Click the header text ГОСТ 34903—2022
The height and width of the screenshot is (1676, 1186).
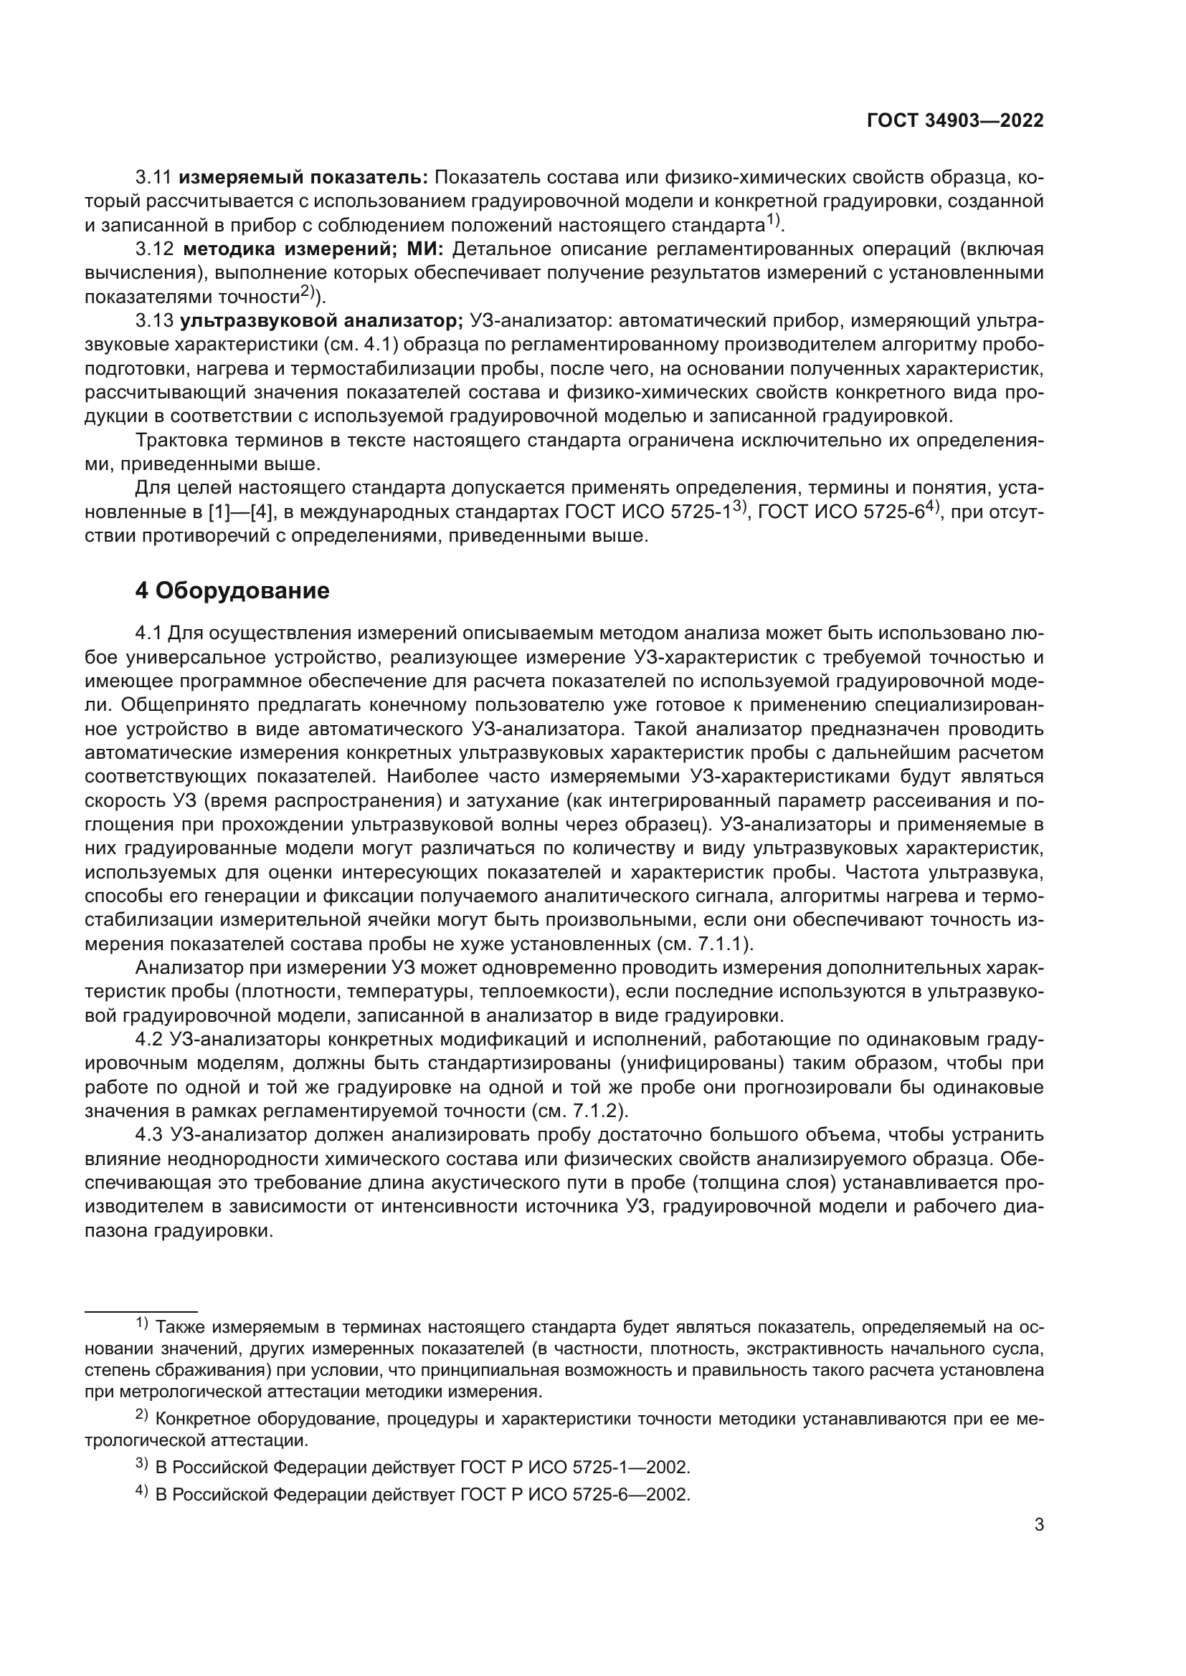click(954, 120)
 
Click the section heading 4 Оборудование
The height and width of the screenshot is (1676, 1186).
click(232, 590)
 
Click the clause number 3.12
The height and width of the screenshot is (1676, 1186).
click(154, 249)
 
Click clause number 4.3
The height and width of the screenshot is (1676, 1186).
click(152, 1134)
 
